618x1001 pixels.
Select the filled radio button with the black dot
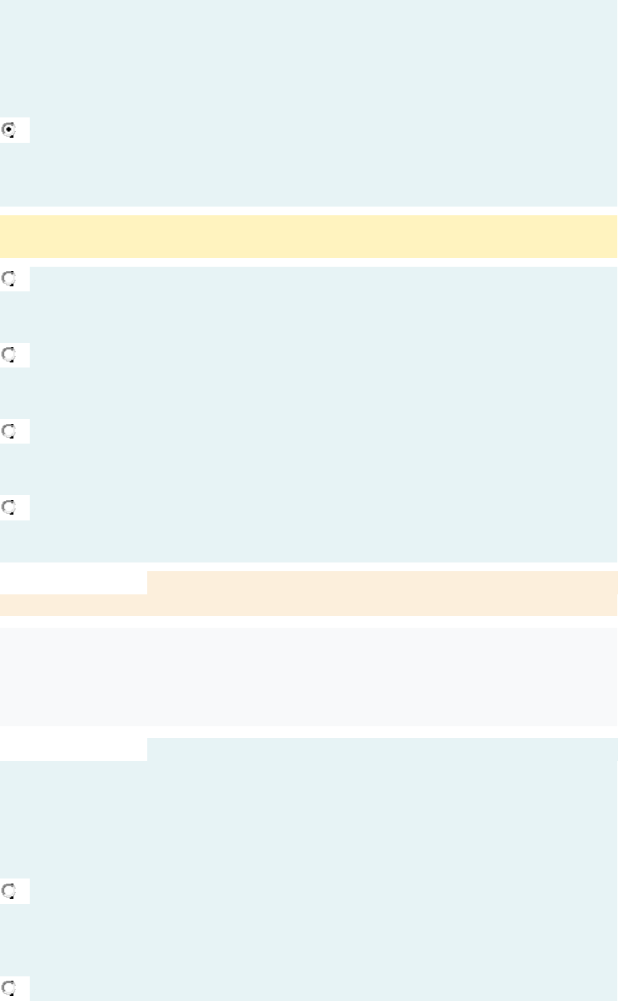[9, 130]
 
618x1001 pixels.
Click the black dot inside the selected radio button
[9, 130]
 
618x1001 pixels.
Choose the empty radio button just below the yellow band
[9, 278]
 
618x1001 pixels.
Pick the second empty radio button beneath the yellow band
[9, 354]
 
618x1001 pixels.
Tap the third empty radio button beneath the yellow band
[9, 431]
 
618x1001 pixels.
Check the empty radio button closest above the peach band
[9, 507]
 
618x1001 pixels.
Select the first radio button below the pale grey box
[9, 890]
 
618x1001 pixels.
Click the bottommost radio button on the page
[9, 987]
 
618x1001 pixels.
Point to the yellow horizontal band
[308, 236]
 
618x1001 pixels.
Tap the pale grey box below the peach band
[308, 676]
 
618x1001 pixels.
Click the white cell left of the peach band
[73, 582]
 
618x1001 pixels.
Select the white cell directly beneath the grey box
[73, 749]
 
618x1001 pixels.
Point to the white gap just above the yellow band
[308, 210]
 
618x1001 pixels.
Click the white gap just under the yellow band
[308, 262]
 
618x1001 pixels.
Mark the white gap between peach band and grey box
[308, 621]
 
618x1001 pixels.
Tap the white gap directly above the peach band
[308, 566]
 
